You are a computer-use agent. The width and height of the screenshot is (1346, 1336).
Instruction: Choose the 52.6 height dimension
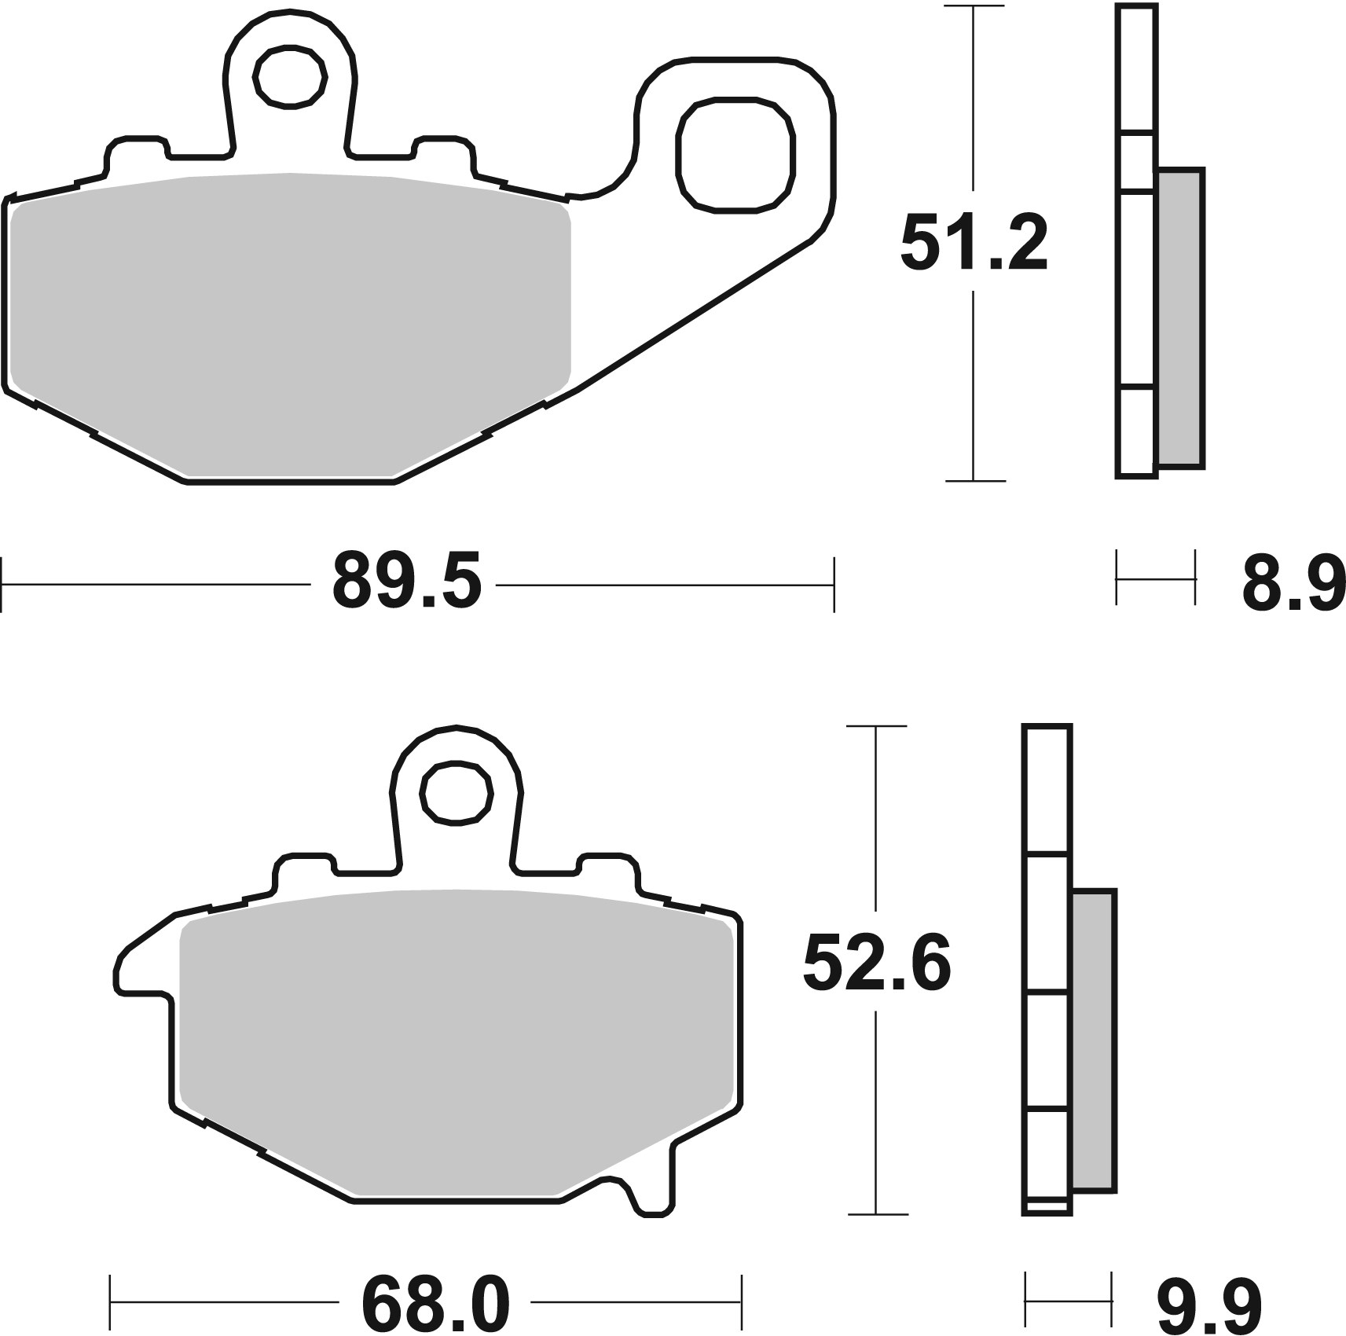(x=876, y=965)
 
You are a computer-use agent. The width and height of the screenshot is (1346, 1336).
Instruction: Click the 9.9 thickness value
(x=1208, y=1305)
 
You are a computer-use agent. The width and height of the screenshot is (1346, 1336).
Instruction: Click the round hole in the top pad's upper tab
(x=290, y=77)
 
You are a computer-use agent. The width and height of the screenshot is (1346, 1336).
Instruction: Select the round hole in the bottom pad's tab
(x=457, y=793)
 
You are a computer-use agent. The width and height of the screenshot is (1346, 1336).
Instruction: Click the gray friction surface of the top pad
(x=291, y=322)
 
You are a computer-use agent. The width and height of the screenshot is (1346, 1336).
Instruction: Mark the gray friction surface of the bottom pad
(x=456, y=1053)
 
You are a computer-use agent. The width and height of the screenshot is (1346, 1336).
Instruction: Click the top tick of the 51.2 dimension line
(x=974, y=6)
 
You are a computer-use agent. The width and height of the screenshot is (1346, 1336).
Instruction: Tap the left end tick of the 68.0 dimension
(x=111, y=1305)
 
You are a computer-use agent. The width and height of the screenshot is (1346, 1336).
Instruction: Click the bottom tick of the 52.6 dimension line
(x=876, y=1236)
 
